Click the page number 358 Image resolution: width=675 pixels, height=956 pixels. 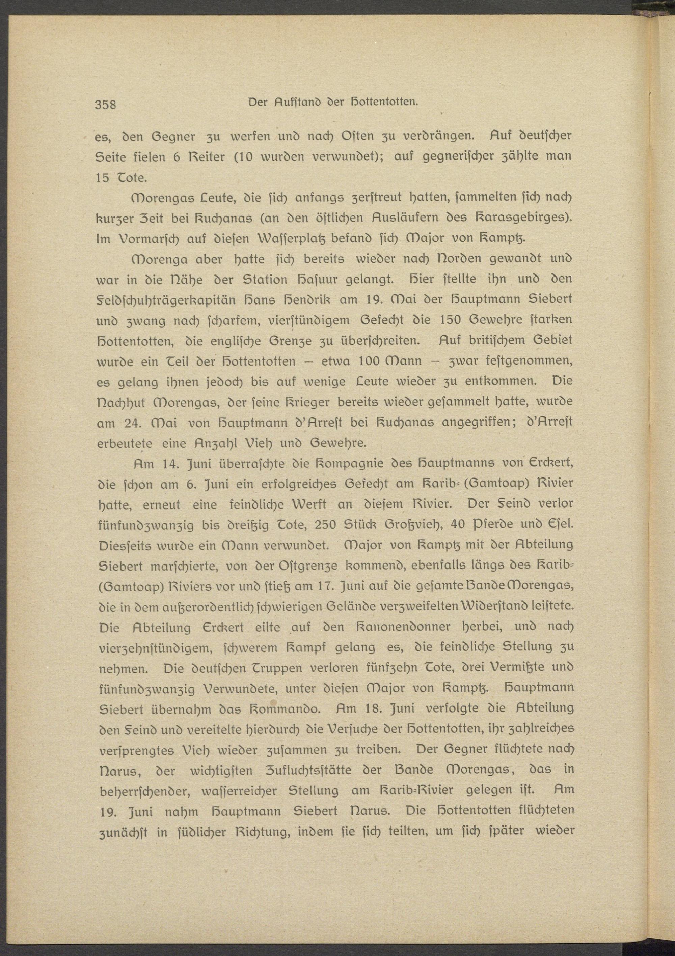[105, 105]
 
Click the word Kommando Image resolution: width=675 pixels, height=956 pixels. [287, 708]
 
